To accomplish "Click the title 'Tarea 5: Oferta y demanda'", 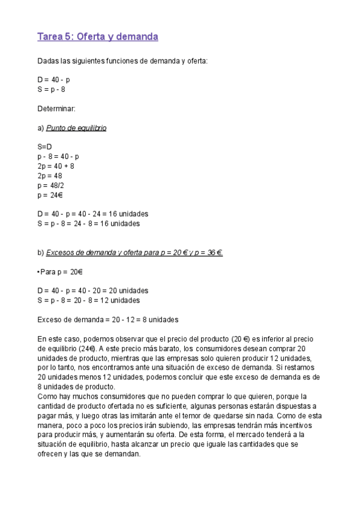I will click(98, 37).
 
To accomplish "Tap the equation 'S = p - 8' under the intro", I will click(51, 89).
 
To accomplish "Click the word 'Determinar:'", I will click(56, 109).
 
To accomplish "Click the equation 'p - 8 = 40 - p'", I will click(58, 156).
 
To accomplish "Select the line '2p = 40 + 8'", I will click(55, 166).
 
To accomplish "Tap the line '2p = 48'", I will click(49, 175).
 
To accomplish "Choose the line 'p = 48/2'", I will click(50, 185).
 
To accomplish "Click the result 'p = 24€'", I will click(50, 194).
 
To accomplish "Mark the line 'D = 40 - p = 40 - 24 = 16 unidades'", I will click(92, 214).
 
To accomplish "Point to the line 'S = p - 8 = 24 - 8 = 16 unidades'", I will click(88, 223).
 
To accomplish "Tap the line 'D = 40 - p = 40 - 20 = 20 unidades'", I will click(92, 291).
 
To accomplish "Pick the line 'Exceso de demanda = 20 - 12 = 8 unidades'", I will click(108, 319).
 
